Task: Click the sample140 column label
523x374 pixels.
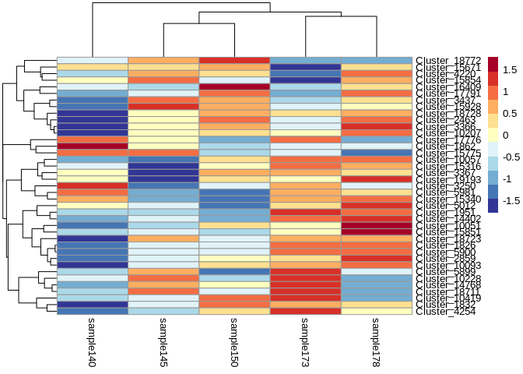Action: pos(93,341)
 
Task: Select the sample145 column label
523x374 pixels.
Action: pos(163,341)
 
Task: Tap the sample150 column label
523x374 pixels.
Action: pos(234,341)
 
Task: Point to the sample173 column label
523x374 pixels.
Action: pos(306,341)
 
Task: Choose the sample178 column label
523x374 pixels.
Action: pos(377,341)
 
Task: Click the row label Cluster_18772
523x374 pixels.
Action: pos(449,61)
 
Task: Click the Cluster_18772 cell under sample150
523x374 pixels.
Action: pos(234,61)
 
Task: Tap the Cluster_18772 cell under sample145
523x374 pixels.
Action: pos(163,61)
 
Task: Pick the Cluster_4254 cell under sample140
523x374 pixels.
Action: pos(93,312)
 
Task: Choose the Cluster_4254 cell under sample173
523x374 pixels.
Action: pos(306,312)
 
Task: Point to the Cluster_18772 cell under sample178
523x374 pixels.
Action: pos(377,61)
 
